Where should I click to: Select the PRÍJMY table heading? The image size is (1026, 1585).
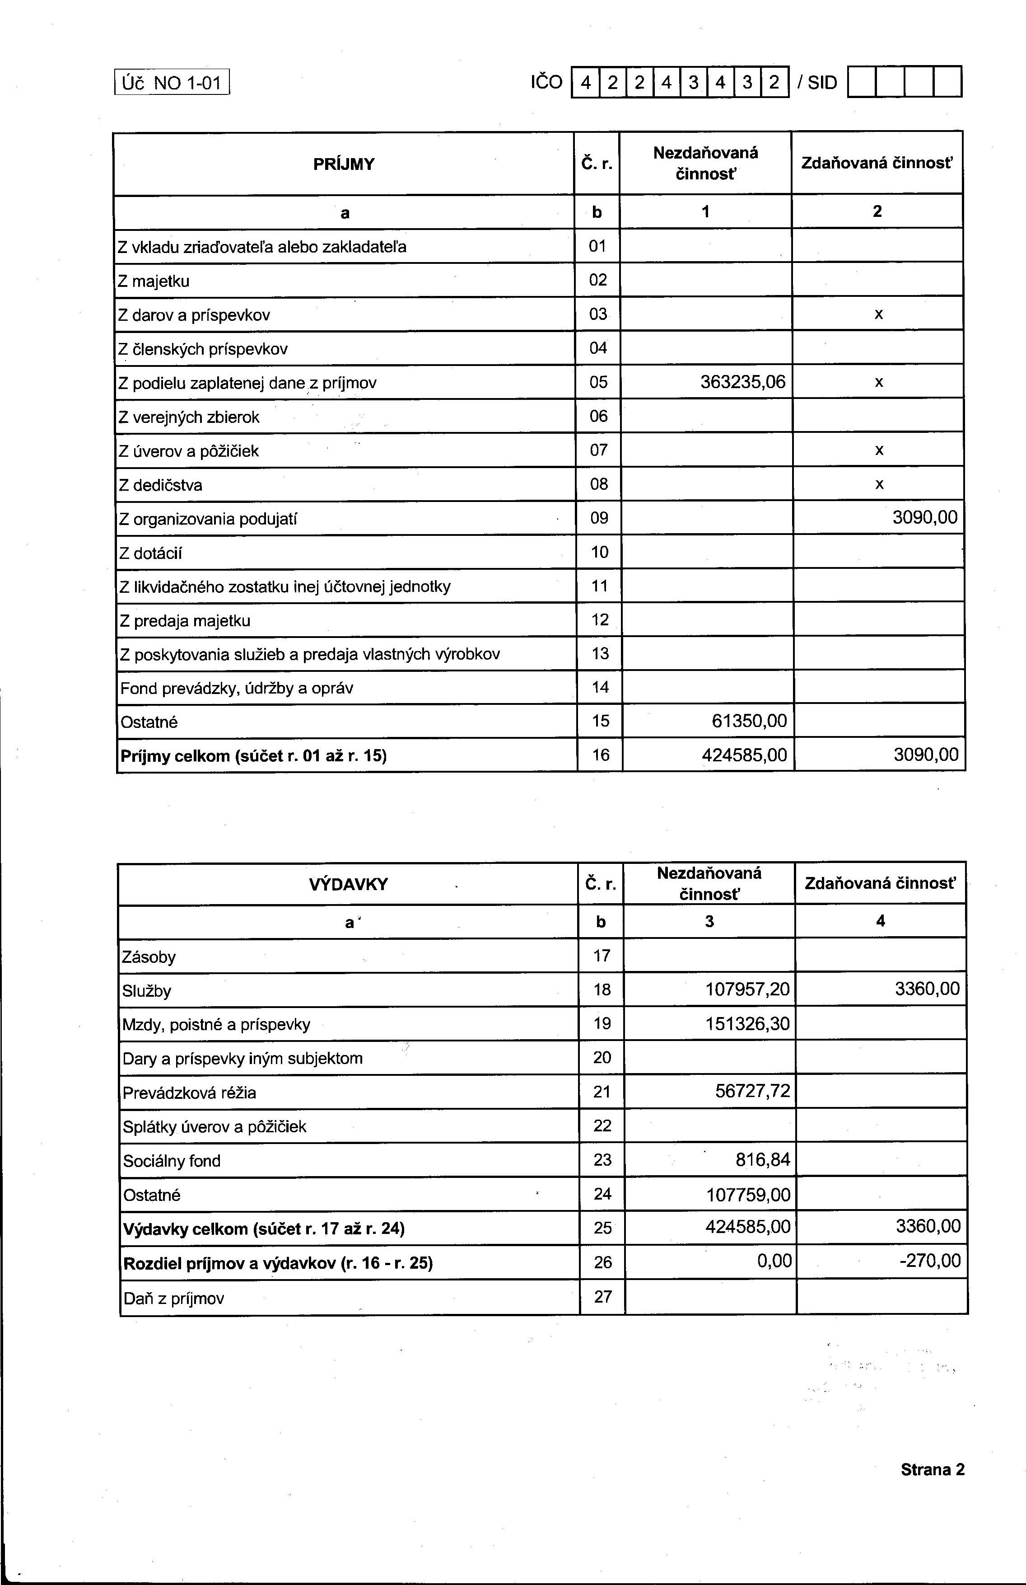344,164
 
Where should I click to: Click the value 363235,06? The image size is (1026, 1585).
742,382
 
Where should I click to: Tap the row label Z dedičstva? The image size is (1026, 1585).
160,485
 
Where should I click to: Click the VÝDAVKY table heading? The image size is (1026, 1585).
348,884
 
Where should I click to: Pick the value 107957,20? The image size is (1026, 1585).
747,989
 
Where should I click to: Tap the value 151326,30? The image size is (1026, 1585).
747,1023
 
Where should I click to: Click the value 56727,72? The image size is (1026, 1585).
752,1091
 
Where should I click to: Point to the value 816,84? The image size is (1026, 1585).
762,1159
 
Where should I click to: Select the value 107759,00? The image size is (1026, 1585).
748,1194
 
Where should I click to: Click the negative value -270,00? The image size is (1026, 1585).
930,1261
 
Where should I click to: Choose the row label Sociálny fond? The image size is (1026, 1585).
172,1161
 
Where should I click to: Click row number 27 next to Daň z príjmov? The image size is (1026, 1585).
602,1296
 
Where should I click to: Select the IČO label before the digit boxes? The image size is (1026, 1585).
546,83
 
